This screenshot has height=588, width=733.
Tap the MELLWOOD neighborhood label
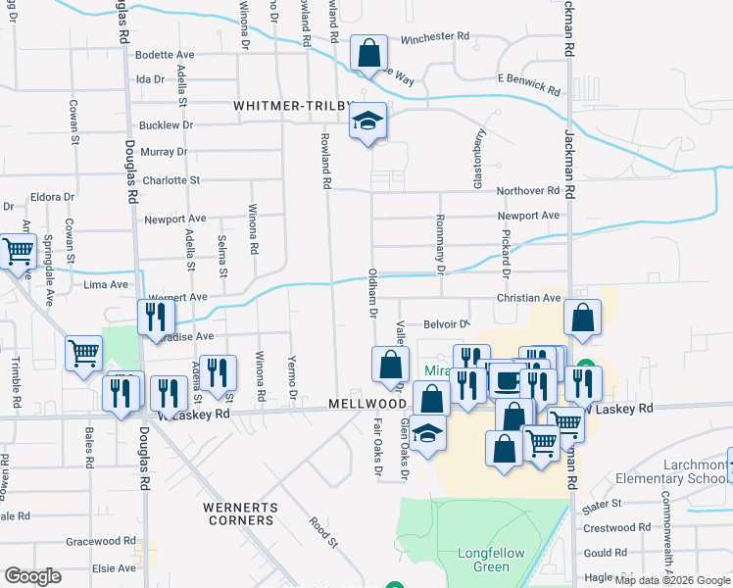[x=367, y=404]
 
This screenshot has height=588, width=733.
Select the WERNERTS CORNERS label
[x=240, y=514]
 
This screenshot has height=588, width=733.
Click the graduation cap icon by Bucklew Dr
[x=368, y=122]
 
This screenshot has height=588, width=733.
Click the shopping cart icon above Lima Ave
[x=19, y=253]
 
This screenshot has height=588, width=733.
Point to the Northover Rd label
[x=527, y=190]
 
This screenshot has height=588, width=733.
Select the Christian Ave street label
[x=527, y=298]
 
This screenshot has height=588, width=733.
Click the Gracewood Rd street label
[x=101, y=541]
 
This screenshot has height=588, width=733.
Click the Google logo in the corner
[x=33, y=575]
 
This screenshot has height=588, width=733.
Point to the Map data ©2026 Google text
[x=672, y=580]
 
